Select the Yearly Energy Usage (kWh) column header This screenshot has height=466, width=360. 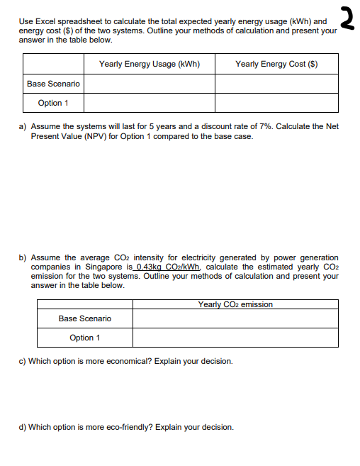tap(149, 64)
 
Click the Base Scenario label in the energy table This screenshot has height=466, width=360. tap(53, 84)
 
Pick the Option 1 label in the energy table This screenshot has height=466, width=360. tap(53, 103)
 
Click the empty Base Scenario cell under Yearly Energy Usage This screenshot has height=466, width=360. tap(149, 84)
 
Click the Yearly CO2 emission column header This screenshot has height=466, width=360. tap(235, 304)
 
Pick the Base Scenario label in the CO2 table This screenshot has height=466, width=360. tap(84, 318)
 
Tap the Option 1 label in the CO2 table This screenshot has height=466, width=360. tap(84, 338)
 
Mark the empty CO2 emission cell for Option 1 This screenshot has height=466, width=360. tap(235, 338)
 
